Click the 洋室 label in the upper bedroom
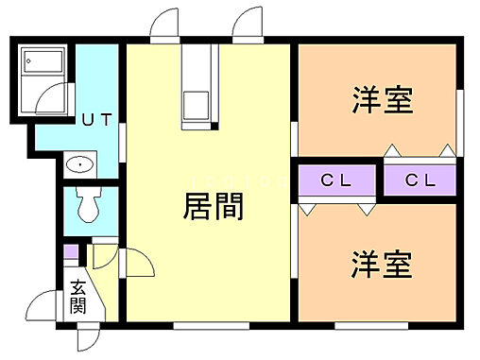384,100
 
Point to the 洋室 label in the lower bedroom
384,265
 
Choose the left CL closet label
336,180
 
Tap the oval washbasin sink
82,166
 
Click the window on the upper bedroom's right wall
461,113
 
